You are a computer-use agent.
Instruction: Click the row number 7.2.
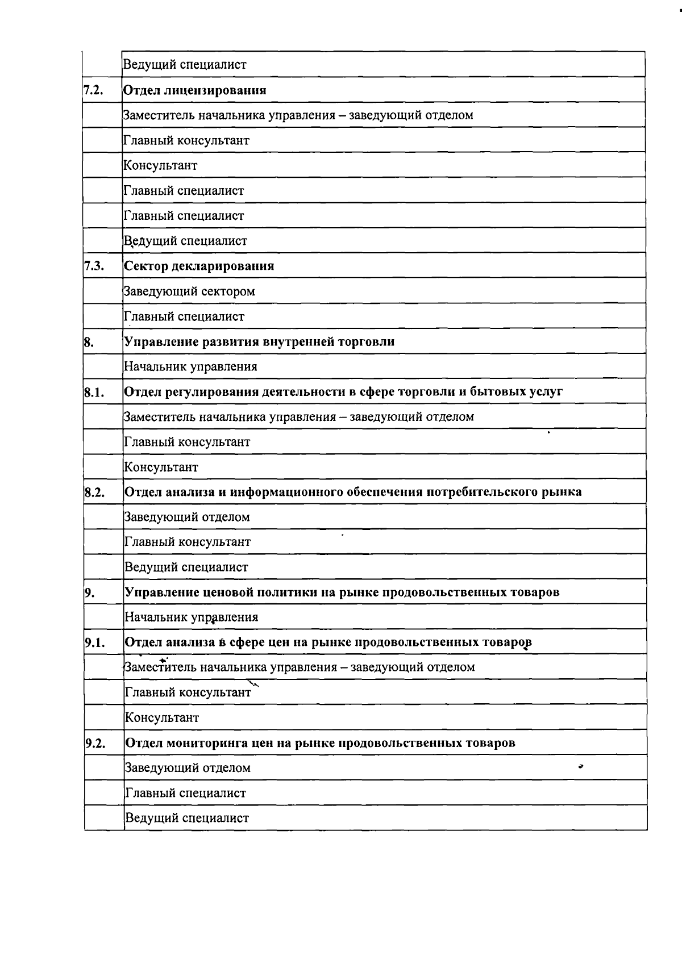coord(93,90)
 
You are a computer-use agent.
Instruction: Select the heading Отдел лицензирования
coord(195,90)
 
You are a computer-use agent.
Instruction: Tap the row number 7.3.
coord(94,266)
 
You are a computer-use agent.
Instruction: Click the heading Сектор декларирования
coord(199,266)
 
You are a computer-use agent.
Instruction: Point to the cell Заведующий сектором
coord(189,291)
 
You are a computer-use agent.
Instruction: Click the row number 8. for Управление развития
coord(89,342)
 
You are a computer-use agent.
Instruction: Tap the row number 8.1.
coord(94,392)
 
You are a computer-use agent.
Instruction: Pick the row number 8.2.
coord(94,492)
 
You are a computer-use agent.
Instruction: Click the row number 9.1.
coord(95,643)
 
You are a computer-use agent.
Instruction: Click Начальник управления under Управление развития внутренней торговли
coord(190,367)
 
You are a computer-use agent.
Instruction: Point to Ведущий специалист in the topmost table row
coord(185,65)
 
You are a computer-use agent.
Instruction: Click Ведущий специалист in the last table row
coord(186,819)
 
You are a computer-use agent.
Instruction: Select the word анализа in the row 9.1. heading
coord(190,642)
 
